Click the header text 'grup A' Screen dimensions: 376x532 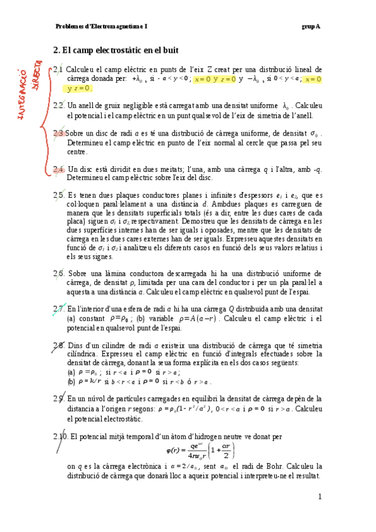(310, 26)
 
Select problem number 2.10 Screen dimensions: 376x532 (61, 437)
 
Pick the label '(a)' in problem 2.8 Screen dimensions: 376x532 (71, 371)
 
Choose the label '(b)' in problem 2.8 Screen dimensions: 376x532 (71, 381)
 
